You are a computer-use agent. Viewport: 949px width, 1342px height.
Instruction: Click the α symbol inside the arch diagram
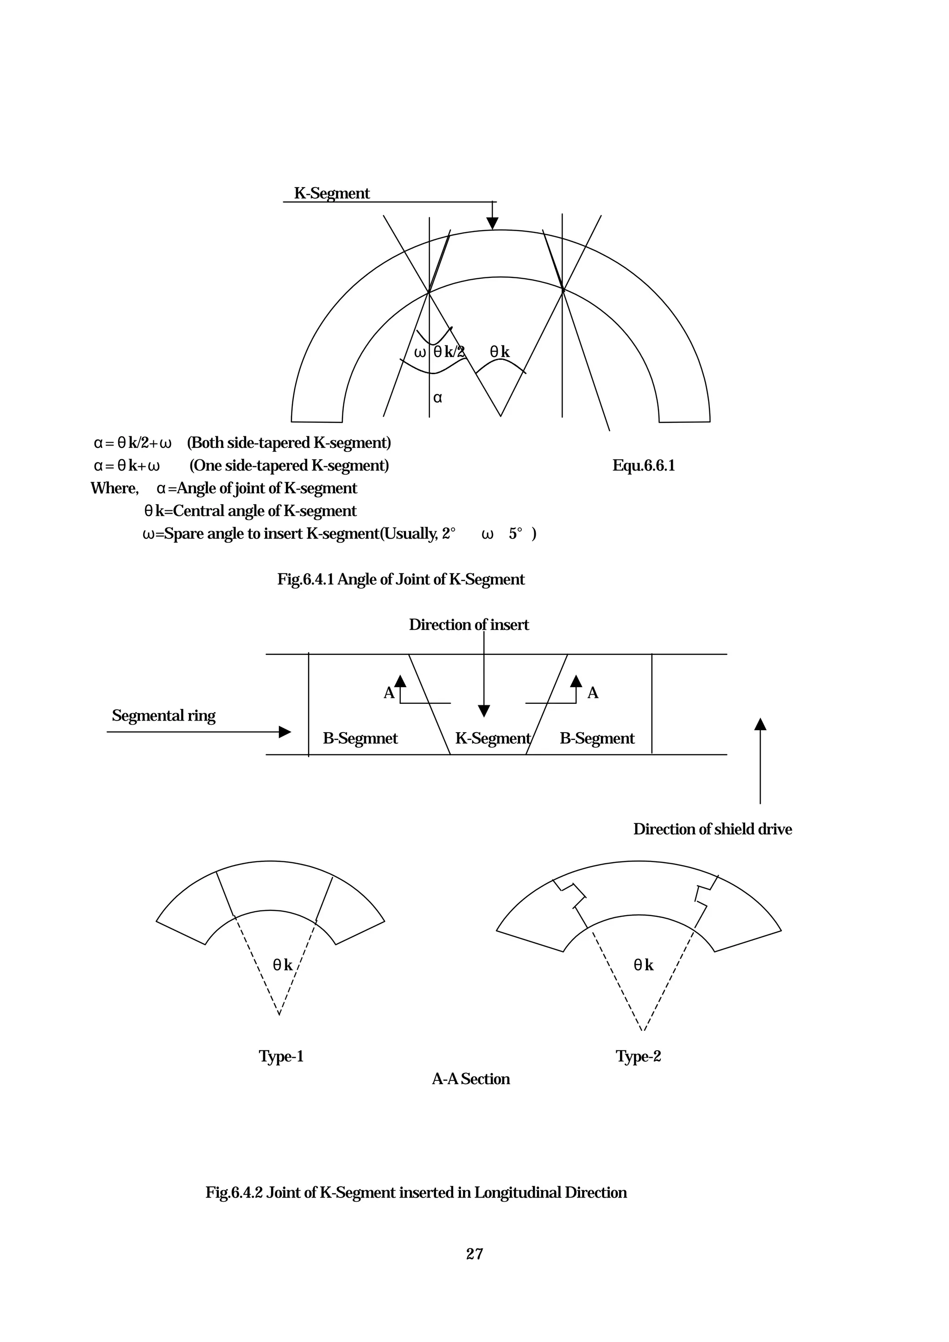437,398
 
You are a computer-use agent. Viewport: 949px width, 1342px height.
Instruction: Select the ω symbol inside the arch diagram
420,352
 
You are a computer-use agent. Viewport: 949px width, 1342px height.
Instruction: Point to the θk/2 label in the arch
449,352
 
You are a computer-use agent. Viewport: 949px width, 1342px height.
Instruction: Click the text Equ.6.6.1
643,466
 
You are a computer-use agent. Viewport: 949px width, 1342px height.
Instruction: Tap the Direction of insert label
468,625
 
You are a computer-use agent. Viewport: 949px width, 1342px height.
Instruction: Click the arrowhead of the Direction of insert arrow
484,711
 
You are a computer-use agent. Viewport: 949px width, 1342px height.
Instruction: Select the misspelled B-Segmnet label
360,738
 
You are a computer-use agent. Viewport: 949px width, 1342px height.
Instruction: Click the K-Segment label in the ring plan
492,738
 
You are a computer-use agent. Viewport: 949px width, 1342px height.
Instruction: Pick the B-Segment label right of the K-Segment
596,738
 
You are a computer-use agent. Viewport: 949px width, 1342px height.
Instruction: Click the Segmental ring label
164,715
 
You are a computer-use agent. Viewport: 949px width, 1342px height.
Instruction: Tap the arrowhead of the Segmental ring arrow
285,732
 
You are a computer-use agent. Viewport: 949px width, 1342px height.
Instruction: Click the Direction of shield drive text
712,829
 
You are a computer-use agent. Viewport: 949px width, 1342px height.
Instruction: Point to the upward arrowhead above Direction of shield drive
760,724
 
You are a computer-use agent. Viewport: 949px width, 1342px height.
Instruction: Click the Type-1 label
281,1056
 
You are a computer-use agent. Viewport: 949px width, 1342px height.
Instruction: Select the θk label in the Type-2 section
643,965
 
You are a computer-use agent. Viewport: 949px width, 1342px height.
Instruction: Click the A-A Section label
471,1079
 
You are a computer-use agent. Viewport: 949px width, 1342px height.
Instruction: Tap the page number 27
474,1254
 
